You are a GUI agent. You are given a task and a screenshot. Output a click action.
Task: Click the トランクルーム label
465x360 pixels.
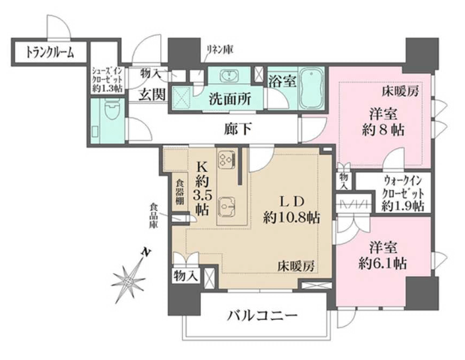point(49,53)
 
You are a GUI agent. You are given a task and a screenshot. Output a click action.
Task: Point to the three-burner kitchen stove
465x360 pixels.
point(227,160)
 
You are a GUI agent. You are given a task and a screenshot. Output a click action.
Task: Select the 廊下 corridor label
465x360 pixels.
point(238,129)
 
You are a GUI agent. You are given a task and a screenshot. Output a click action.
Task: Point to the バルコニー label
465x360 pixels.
point(261,315)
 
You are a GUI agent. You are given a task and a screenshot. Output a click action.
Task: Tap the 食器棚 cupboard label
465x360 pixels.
point(180,191)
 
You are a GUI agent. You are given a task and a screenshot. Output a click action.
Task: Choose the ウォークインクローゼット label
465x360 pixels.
point(402,193)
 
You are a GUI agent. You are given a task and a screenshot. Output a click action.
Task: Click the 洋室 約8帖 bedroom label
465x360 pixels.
point(383,122)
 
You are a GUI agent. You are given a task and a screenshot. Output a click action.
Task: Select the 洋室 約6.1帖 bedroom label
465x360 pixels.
point(383,256)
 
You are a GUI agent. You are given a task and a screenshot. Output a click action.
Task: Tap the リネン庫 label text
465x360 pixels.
point(220,49)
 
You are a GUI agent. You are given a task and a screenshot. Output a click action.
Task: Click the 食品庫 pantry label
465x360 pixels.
point(153,215)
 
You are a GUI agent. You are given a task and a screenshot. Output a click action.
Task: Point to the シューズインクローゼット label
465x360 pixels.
point(107,80)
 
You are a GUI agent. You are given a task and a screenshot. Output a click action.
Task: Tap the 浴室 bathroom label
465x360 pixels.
point(283,80)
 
